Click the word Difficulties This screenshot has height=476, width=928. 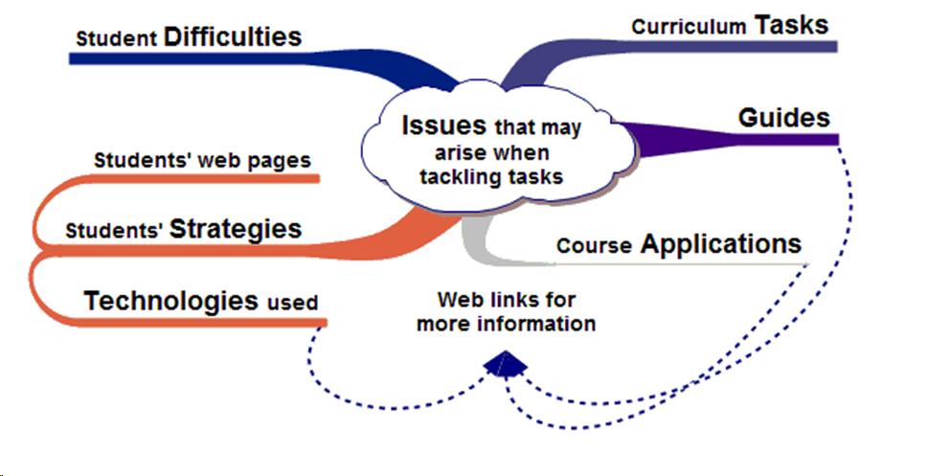click(233, 37)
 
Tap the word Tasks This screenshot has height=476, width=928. click(792, 25)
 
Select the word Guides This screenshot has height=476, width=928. click(783, 118)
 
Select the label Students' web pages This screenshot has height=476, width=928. click(203, 160)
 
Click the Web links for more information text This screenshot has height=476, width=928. click(507, 311)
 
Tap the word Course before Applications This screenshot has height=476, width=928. click(594, 246)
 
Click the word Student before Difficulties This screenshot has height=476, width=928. click(117, 40)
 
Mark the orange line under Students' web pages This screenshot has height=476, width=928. click(192, 178)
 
